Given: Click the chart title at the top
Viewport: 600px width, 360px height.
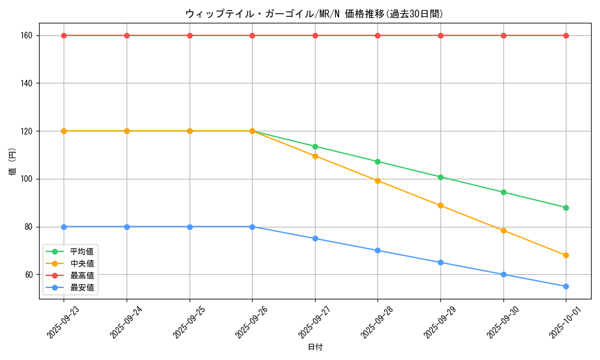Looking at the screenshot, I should click(314, 14).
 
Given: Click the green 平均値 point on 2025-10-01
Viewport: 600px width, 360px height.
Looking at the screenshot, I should click(566, 208).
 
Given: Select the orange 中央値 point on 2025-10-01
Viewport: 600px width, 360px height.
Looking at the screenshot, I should click(566, 255).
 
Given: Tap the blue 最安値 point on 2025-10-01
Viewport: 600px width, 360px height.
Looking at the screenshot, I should click(566, 286).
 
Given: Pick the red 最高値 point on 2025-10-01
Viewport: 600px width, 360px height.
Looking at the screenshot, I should click(566, 35).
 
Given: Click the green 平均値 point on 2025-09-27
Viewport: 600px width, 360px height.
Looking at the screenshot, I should click(315, 146).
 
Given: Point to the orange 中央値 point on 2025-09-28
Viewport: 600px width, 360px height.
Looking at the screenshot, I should click(377, 181).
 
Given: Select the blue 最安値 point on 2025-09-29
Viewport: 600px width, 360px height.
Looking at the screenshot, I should click(440, 262).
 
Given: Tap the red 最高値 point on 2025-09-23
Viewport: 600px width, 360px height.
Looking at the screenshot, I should click(64, 35).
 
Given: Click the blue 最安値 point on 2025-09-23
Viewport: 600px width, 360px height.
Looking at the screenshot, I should click(64, 227).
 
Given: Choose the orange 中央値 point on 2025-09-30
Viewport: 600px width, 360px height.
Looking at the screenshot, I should click(503, 230).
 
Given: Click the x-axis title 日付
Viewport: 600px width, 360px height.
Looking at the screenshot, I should click(315, 347).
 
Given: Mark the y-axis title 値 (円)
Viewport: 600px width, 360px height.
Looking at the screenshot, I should click(13, 162).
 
